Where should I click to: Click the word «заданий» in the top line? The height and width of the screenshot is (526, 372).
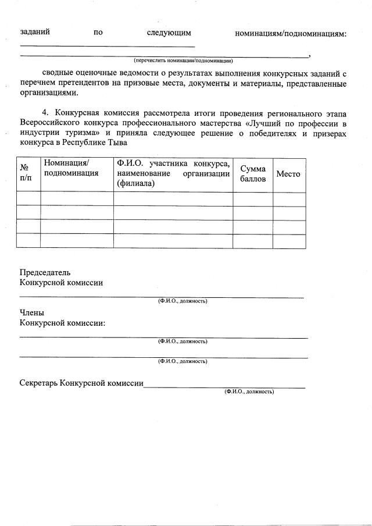(34, 33)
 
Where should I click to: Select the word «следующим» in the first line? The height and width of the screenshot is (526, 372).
(169, 33)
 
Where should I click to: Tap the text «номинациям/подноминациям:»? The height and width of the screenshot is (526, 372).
(291, 33)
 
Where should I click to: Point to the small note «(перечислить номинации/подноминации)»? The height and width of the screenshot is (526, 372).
(183, 60)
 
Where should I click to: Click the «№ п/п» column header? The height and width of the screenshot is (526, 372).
(26, 172)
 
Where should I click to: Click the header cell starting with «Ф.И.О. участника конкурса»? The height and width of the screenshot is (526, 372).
(173, 173)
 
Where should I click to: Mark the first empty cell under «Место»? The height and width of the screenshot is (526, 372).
(289, 199)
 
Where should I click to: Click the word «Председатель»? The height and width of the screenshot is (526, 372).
(45, 272)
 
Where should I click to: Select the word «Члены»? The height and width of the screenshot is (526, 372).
(32, 313)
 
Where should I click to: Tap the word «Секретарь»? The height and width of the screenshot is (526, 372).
(38, 383)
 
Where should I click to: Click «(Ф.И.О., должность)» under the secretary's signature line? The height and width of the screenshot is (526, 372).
(249, 392)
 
